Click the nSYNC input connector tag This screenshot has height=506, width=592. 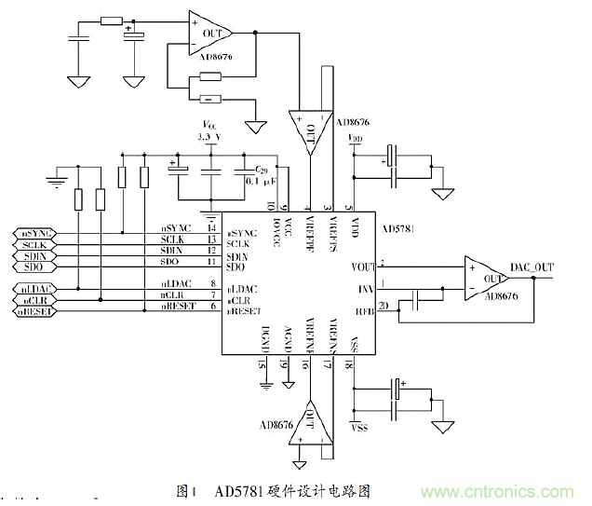[34, 232]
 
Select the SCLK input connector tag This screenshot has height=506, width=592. [34, 244]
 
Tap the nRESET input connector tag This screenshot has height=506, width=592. [34, 311]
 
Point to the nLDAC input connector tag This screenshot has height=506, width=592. [34, 289]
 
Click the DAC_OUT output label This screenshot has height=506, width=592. [531, 268]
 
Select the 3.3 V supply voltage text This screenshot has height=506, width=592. [211, 137]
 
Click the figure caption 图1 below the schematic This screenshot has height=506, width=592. [189, 490]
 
